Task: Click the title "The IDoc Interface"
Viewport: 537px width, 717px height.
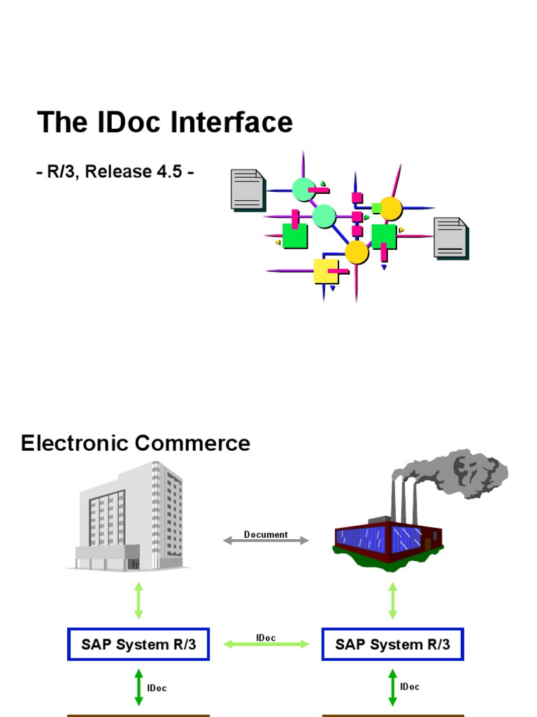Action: point(165,123)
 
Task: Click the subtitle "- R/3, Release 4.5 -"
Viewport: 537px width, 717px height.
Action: point(115,172)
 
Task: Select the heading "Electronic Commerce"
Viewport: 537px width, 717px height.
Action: point(136,443)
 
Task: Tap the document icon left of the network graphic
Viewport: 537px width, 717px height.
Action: point(248,190)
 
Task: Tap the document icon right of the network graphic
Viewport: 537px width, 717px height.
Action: point(451,237)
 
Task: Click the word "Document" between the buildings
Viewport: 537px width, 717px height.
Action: point(266,534)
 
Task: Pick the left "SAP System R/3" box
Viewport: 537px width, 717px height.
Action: point(138,645)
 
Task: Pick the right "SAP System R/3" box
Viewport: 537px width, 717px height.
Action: point(392,645)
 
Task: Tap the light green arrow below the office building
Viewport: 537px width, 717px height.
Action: point(138,600)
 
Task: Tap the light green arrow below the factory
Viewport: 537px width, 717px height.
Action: point(392,600)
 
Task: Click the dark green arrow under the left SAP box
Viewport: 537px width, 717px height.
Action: point(138,688)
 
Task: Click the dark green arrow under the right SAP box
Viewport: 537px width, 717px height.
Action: point(392,688)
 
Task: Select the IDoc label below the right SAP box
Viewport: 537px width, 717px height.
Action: point(410,687)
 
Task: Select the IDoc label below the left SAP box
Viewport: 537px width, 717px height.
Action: point(157,688)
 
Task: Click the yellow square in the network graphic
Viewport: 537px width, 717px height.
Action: point(326,271)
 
